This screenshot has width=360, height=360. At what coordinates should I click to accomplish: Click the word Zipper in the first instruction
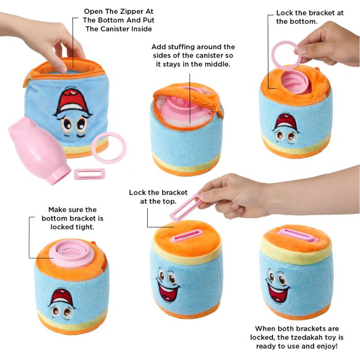click(x=131, y=11)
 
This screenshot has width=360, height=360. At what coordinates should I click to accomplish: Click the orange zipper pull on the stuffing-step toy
click(x=221, y=113)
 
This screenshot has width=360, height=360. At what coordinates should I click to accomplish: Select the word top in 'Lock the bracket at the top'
click(x=170, y=202)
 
